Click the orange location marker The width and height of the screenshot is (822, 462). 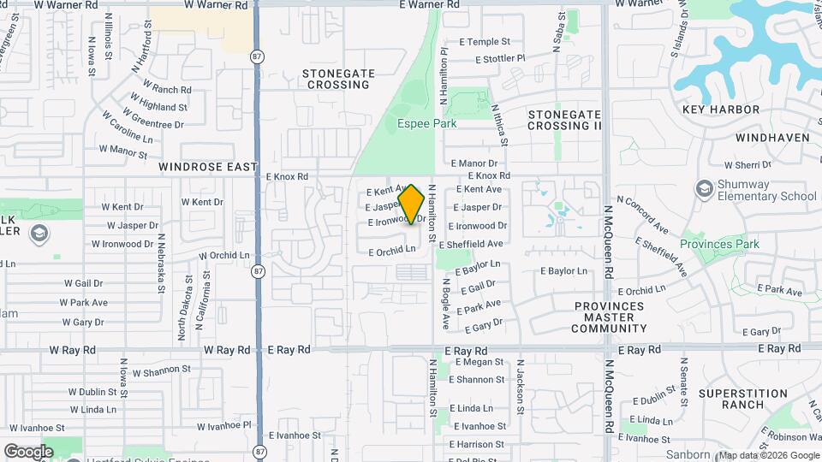click(x=412, y=204)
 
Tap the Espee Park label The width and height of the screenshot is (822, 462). click(x=426, y=123)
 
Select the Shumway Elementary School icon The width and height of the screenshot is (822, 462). click(x=704, y=189)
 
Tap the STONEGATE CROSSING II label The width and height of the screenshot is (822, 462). click(x=564, y=120)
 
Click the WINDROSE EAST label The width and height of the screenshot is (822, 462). click(x=208, y=168)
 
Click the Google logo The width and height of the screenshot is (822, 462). click(x=28, y=451)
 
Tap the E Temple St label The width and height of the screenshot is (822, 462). click(x=484, y=41)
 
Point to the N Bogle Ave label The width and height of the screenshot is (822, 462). click(x=445, y=302)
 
